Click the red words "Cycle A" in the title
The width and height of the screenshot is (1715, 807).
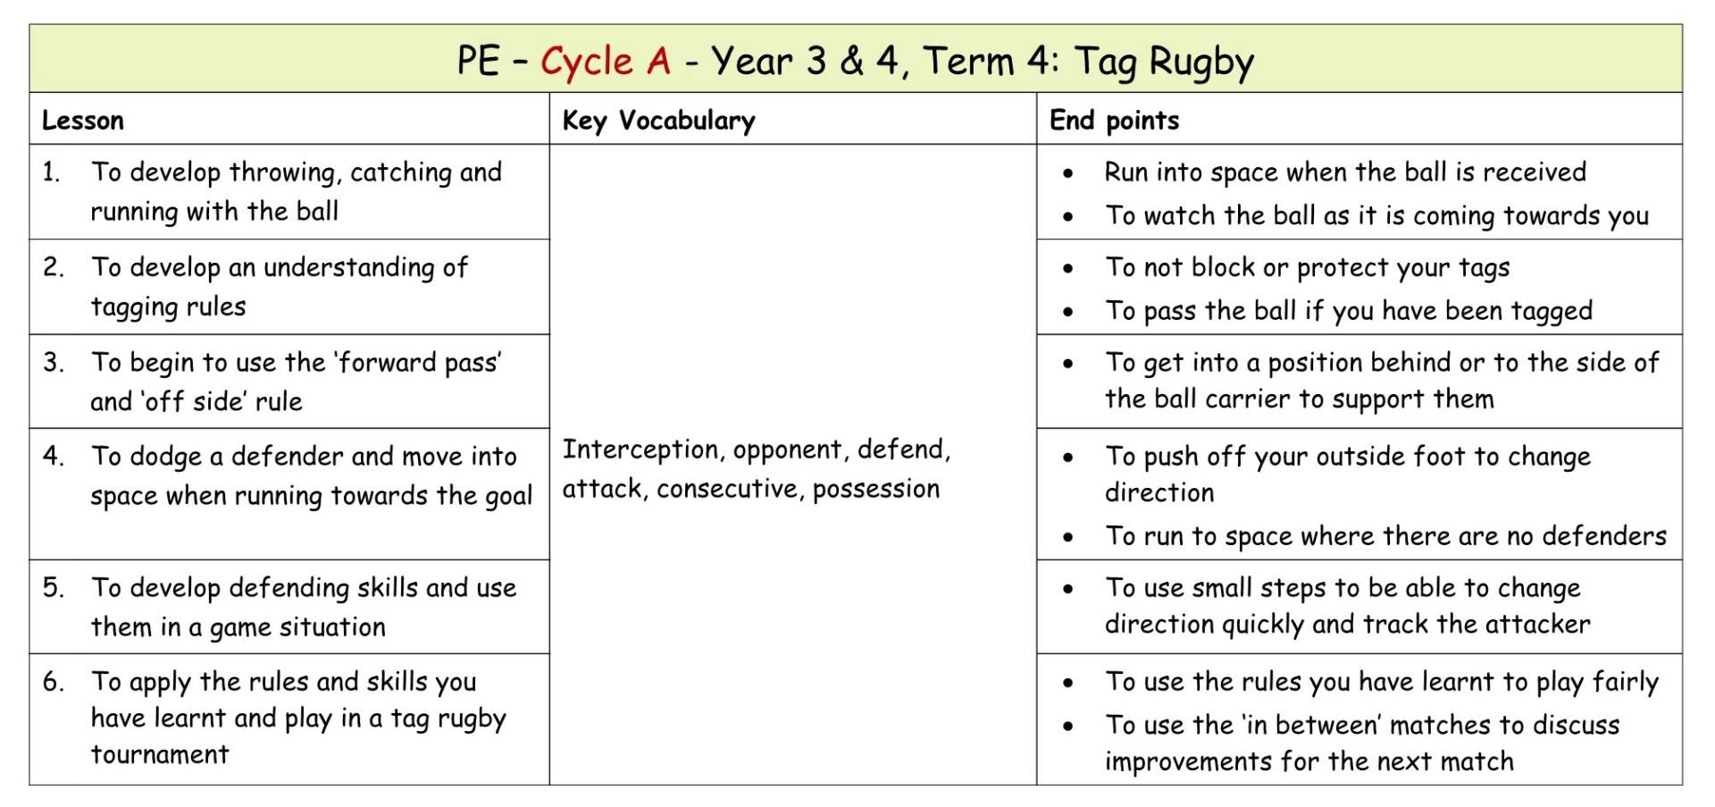click(605, 62)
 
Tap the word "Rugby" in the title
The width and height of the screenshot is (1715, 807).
click(1201, 62)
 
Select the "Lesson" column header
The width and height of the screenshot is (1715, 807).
click(83, 121)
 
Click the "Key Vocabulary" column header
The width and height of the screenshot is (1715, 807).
click(658, 121)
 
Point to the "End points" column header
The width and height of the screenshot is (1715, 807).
click(1114, 121)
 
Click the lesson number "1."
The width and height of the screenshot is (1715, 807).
click(52, 172)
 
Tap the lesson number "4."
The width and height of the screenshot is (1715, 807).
click(53, 456)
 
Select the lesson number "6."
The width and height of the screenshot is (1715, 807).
click(53, 682)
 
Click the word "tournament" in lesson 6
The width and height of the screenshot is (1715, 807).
click(160, 755)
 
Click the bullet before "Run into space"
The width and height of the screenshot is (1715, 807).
click(1068, 173)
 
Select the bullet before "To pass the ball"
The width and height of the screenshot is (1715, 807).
click(1068, 312)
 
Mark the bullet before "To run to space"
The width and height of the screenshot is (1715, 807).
click(1068, 537)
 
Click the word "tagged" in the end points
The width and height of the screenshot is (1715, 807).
click(1551, 311)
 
